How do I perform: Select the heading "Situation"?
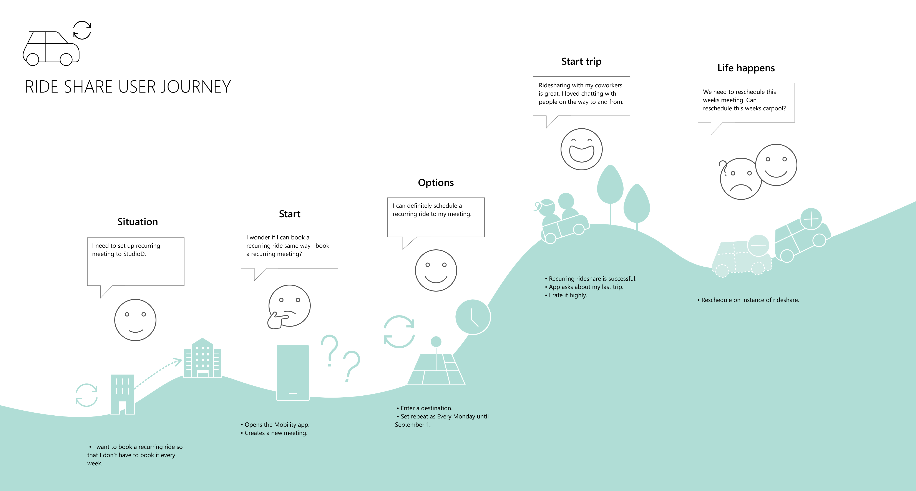click(138, 222)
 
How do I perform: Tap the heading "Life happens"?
click(746, 68)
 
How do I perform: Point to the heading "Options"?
click(436, 183)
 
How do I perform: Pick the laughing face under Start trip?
click(581, 149)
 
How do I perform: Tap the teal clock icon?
click(473, 317)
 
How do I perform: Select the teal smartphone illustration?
click(293, 373)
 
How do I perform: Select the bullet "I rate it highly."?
click(566, 295)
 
